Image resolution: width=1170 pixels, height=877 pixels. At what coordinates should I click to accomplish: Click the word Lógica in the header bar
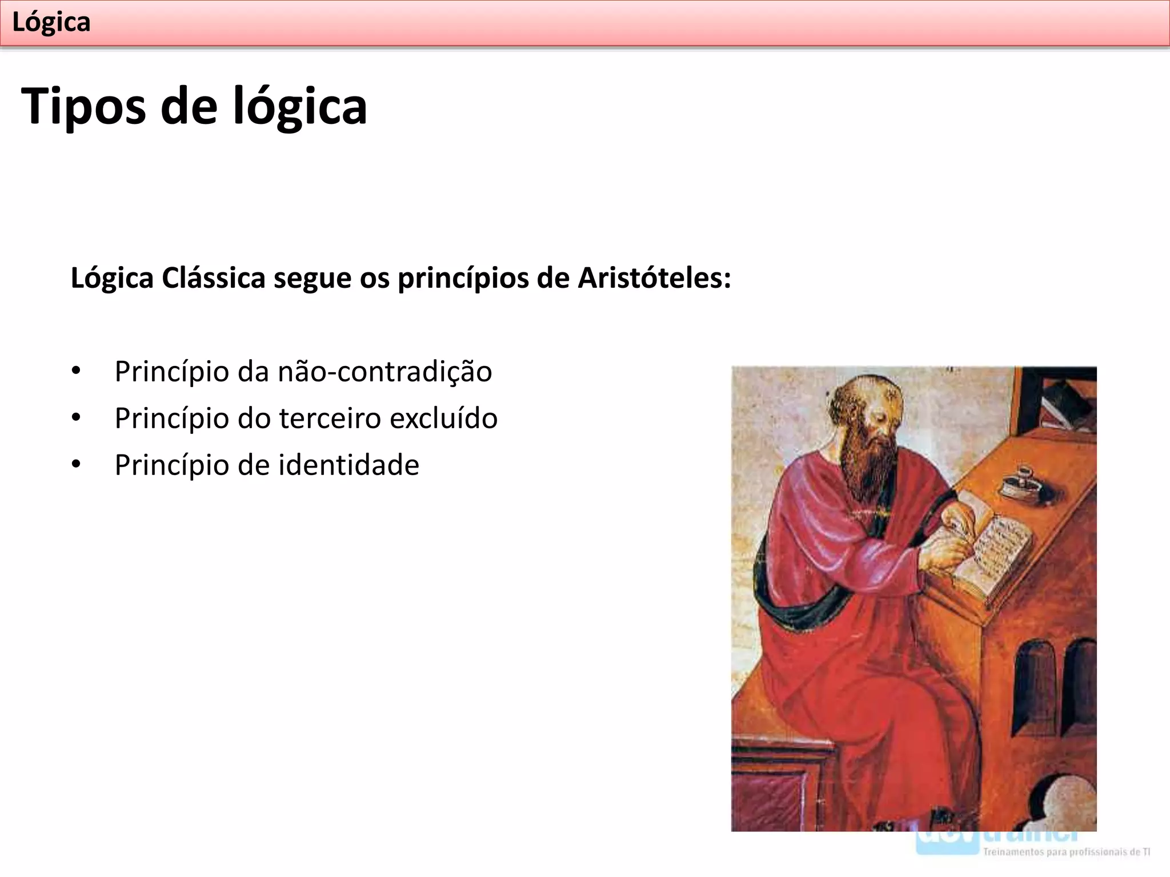click(51, 23)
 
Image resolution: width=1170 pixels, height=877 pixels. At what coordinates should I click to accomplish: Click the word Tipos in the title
click(83, 107)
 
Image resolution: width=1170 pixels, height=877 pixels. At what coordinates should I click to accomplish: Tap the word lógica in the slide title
click(300, 107)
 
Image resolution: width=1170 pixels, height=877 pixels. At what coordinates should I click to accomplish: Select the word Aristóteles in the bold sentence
click(654, 278)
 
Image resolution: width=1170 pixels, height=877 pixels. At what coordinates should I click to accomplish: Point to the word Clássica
click(213, 278)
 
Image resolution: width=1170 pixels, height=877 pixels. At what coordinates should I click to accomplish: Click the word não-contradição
click(384, 372)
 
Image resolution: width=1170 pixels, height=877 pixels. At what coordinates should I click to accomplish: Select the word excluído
click(443, 419)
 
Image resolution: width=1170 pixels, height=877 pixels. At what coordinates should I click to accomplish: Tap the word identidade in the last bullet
click(348, 465)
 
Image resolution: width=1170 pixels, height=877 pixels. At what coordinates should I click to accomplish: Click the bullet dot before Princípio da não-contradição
click(76, 372)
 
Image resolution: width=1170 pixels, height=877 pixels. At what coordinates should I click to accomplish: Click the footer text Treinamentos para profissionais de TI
click(1066, 852)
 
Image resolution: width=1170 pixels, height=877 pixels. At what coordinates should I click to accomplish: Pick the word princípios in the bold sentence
click(463, 278)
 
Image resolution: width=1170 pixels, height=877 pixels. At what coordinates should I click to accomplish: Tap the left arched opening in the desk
click(1034, 685)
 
